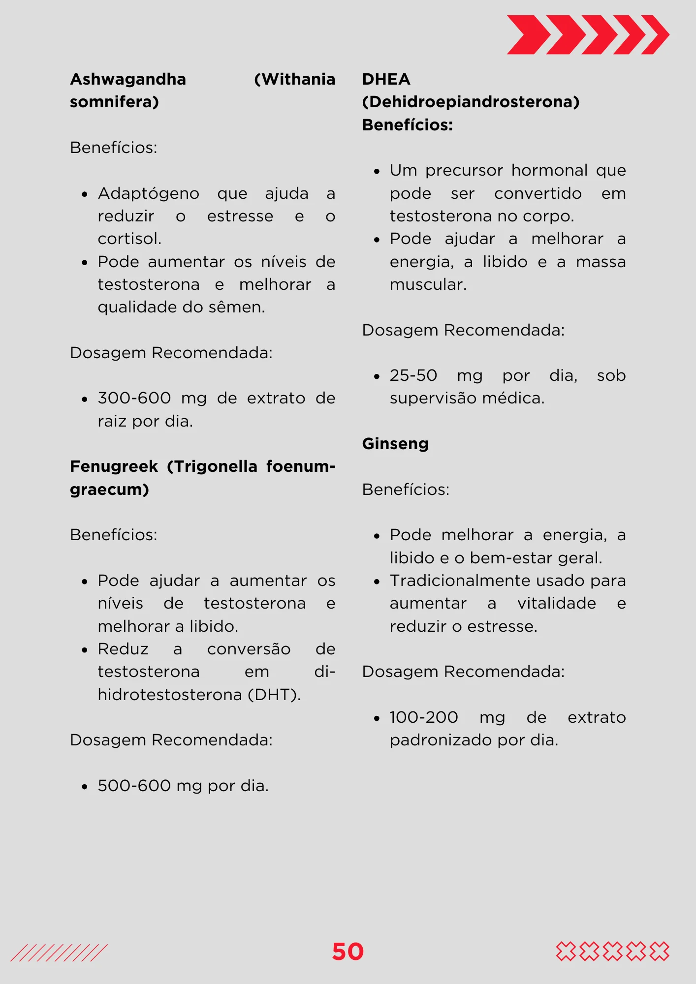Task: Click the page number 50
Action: click(x=348, y=952)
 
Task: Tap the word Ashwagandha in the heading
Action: click(x=128, y=79)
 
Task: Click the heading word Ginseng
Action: click(x=395, y=444)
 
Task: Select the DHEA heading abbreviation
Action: click(x=386, y=79)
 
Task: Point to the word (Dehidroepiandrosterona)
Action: click(x=471, y=102)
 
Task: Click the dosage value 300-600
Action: click(x=134, y=398)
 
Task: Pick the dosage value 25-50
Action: click(x=413, y=375)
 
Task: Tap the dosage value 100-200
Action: click(x=423, y=717)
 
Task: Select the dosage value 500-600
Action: click(x=134, y=786)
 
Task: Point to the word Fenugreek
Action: click(x=114, y=466)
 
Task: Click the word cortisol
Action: click(x=129, y=239)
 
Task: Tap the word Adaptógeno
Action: click(x=148, y=193)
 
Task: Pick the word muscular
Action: click(x=428, y=284)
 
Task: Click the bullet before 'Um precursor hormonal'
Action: click(x=377, y=172)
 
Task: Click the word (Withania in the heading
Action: click(x=294, y=79)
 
